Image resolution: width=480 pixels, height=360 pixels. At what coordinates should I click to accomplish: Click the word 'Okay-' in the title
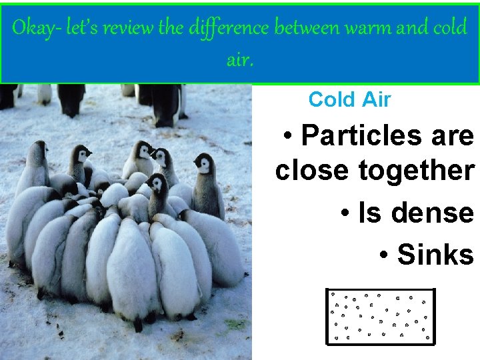[x=36, y=29]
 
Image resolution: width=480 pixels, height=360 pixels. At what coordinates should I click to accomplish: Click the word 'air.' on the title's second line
[x=240, y=61]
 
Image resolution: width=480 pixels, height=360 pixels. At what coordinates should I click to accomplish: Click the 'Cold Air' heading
[x=349, y=100]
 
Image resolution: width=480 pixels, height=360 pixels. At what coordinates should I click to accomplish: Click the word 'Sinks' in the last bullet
[x=435, y=255]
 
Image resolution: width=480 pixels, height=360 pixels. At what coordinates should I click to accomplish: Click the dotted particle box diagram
[x=380, y=317]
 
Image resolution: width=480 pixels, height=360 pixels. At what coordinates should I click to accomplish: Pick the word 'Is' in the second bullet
[x=369, y=213]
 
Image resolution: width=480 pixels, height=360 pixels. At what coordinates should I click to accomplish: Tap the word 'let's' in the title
[x=81, y=29]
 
